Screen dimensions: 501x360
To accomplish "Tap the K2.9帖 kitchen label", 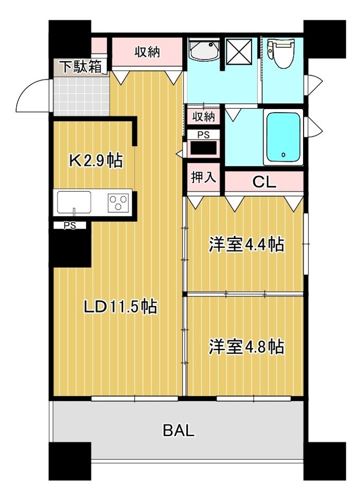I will coord(97,161).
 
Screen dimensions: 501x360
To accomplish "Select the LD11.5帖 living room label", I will coord(121,307).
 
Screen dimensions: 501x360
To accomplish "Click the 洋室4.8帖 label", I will coord(247,347).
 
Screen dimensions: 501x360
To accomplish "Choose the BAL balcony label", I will coord(178,431).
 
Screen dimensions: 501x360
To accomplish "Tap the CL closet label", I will coord(264,183).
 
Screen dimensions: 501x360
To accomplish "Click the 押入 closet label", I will coord(202,177).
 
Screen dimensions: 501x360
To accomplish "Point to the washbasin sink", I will coord(204,51).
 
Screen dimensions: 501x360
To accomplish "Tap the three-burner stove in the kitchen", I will coord(119,202).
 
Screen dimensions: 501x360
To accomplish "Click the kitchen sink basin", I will coord(74,202).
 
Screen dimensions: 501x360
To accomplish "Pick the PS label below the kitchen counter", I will coord(69,225).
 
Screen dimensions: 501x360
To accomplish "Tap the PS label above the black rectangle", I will coord(204,135).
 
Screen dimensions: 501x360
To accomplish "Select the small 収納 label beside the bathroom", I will coord(204,115).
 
